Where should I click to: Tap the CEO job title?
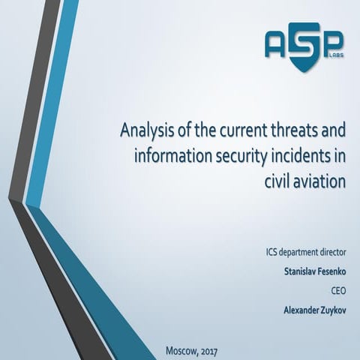[x=333, y=289]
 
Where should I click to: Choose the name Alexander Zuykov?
[x=309, y=308]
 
